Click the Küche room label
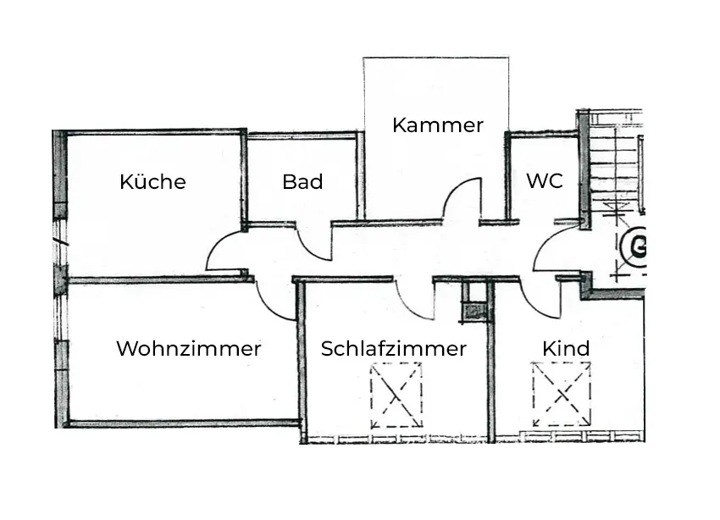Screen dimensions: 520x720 coord(152,182)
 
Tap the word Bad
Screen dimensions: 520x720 coord(302,182)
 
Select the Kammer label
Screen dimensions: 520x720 coord(437,125)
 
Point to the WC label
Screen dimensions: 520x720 coord(544,181)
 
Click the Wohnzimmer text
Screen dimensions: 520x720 coord(188,348)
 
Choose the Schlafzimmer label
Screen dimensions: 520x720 coord(393,349)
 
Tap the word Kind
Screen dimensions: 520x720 coord(566,349)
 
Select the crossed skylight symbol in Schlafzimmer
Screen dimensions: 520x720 coord(396,395)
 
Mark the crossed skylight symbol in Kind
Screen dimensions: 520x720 coord(561,394)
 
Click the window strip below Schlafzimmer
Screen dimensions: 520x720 coord(394,439)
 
